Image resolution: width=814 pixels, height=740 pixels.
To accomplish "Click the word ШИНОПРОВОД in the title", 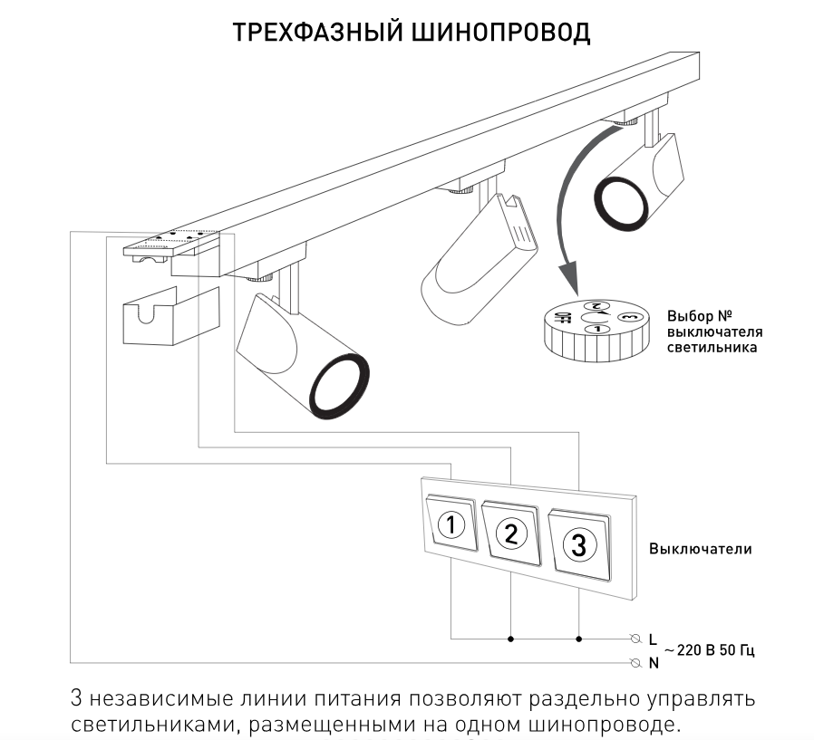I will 501,33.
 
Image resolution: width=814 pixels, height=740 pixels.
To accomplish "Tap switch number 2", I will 510,533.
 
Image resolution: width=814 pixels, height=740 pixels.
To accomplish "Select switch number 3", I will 579,544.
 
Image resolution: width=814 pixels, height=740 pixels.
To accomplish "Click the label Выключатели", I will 700,549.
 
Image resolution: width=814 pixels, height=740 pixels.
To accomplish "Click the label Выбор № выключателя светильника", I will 714,332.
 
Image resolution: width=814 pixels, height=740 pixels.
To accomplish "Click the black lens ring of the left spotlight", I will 340,384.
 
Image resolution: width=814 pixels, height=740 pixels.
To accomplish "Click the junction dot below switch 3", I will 579,639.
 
